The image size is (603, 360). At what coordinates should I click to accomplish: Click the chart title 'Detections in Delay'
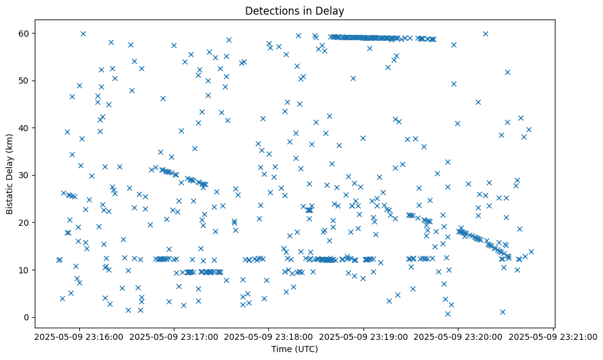pos(294,10)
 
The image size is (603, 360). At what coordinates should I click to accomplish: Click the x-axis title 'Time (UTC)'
pos(294,350)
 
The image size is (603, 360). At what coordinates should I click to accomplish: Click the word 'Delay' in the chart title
pos(331,10)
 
